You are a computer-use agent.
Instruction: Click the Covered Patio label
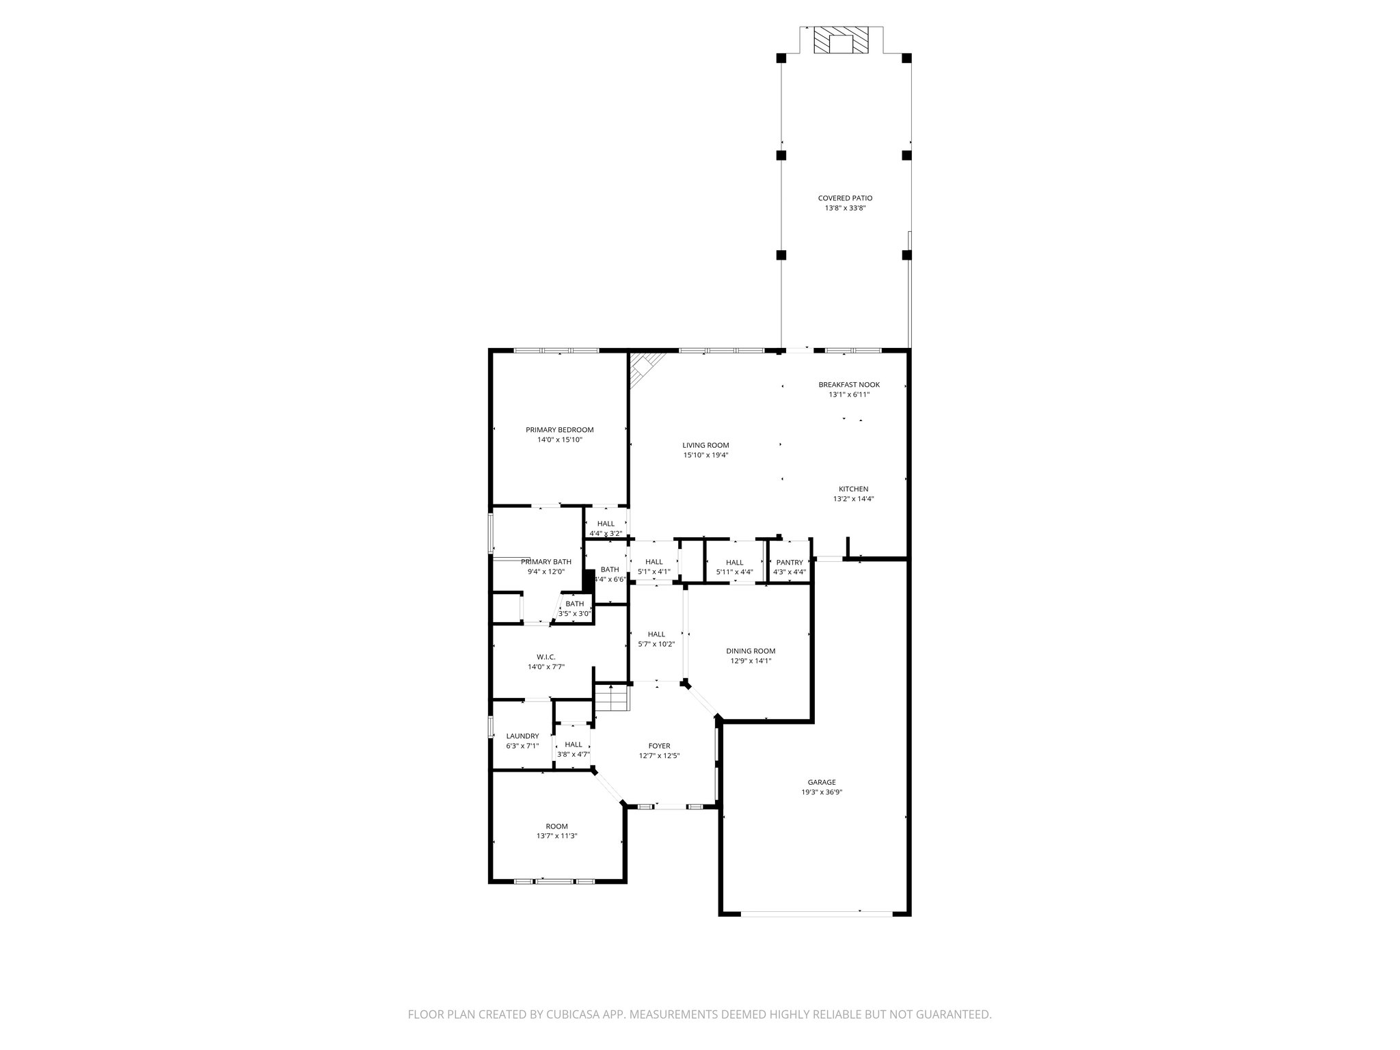(845, 198)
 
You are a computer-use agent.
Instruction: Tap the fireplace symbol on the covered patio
(842, 42)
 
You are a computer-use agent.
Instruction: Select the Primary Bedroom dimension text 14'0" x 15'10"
(559, 440)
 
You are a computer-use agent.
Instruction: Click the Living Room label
(705, 445)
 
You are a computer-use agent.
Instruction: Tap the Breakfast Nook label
(849, 385)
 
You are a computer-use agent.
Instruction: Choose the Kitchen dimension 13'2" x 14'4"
(853, 499)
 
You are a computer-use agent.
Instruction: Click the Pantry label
(790, 563)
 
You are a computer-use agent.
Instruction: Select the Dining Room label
(751, 651)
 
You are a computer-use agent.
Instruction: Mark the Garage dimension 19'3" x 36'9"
(822, 792)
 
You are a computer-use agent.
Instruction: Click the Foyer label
(659, 746)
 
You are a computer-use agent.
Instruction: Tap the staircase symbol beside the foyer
(610, 697)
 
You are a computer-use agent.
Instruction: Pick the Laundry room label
(522, 736)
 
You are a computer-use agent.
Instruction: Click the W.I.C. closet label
(546, 657)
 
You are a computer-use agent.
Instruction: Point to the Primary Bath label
(546, 562)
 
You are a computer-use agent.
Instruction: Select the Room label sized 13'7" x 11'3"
(556, 826)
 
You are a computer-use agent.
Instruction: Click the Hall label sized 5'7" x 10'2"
(656, 634)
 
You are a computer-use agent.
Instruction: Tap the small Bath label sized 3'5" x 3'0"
(574, 604)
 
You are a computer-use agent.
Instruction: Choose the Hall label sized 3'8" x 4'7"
(574, 744)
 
